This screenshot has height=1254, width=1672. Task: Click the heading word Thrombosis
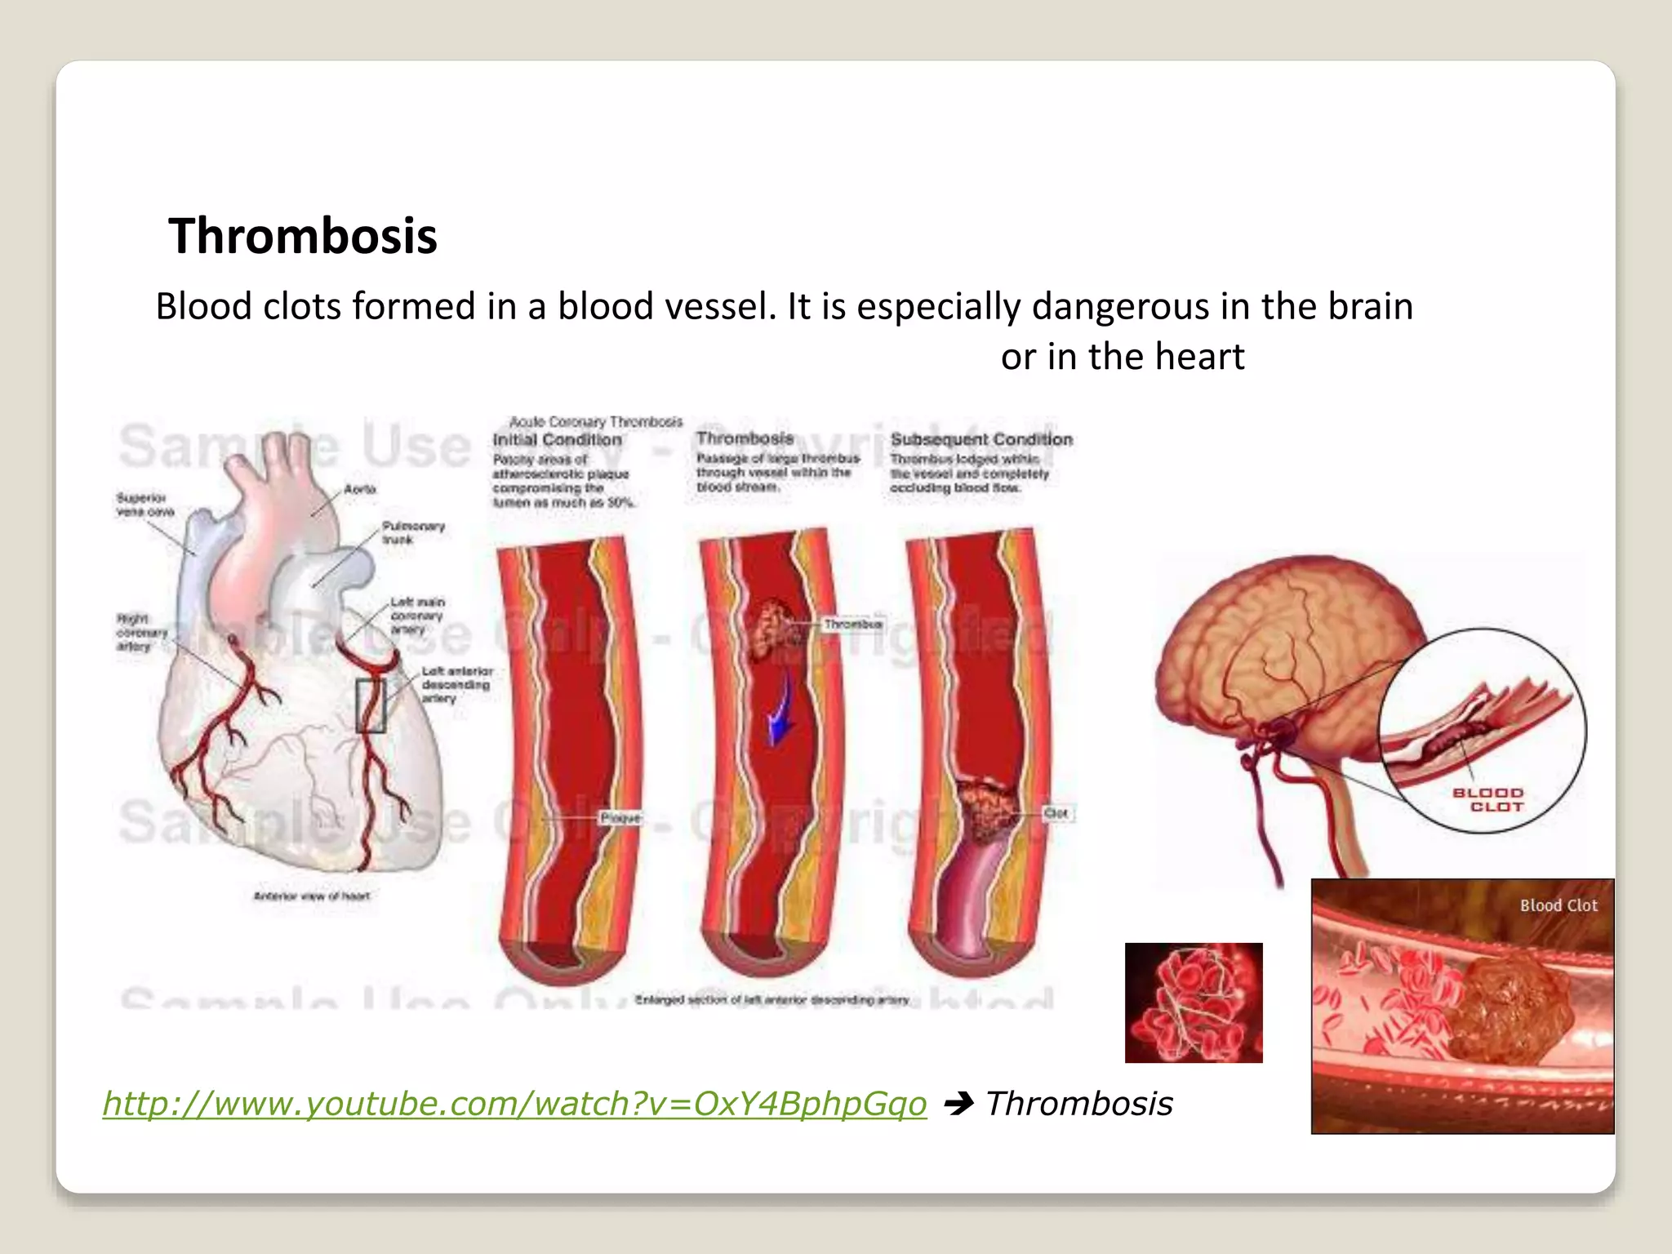[x=303, y=237]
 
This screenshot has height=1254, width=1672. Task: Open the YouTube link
[x=514, y=1104]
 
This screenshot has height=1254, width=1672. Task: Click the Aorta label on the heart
[x=360, y=489]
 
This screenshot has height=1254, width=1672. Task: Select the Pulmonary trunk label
[x=413, y=532]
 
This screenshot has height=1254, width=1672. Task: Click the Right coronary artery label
[x=141, y=632]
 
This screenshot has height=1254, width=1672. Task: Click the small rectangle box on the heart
[x=371, y=705]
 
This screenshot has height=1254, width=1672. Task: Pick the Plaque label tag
[x=620, y=817]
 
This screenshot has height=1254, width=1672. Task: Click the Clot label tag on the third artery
[x=1056, y=813]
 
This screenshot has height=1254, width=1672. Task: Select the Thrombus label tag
[x=852, y=625]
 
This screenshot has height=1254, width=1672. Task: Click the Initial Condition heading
[x=557, y=440]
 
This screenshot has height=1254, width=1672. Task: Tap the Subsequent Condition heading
[x=981, y=440]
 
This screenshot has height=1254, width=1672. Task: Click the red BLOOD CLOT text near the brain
[x=1487, y=800]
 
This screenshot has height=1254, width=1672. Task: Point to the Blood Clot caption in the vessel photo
[x=1558, y=905]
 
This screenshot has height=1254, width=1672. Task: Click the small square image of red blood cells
[x=1194, y=1003]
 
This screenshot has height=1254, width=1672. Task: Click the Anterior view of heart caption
[x=312, y=896]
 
